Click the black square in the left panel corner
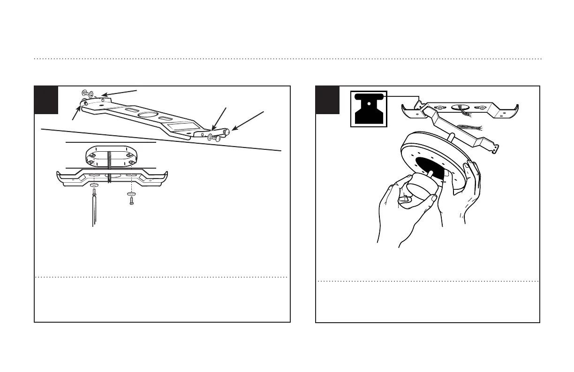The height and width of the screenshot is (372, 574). click(46, 100)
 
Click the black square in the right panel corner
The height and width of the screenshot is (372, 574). click(327, 100)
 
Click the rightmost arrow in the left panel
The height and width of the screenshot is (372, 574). click(248, 120)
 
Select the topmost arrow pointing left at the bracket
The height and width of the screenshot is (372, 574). click(120, 92)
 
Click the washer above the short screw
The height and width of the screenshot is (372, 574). click(131, 194)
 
